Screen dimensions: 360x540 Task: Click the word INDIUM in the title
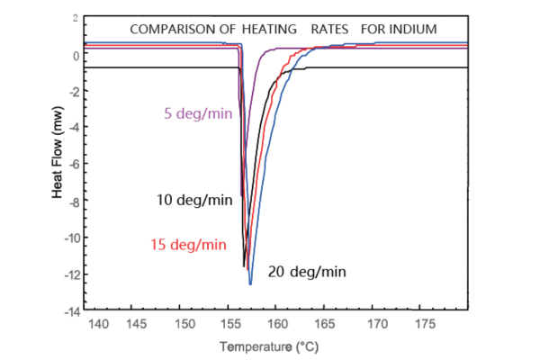pos(412,29)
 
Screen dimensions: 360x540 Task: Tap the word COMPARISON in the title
pos(171,29)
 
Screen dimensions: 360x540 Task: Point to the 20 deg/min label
pos(307,271)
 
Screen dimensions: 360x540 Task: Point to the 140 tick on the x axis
pos(94,323)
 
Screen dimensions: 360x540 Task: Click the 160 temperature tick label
pos(276,323)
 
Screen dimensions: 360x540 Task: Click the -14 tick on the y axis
pos(70,311)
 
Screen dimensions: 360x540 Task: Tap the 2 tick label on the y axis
pos(76,18)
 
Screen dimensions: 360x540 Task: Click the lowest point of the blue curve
pos(250,283)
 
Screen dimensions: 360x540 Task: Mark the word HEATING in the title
pos(273,29)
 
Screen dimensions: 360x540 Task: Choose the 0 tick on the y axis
pos(76,55)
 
